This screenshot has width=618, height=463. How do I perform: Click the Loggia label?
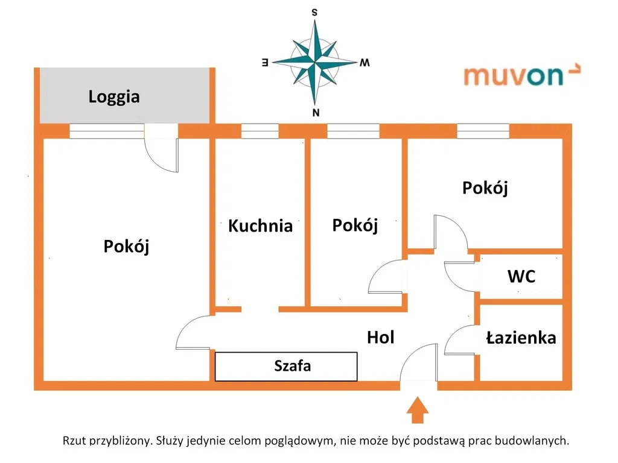tap(114, 96)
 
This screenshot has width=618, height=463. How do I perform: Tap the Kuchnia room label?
tap(260, 226)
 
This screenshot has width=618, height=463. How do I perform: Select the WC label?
tap(521, 277)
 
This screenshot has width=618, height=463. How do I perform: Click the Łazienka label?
tap(521, 338)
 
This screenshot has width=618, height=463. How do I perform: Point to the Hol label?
tap(380, 338)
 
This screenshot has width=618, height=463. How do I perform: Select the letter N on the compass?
tap(315, 113)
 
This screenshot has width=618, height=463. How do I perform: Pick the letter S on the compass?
tap(314, 12)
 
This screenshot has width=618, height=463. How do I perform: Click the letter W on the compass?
tap(364, 62)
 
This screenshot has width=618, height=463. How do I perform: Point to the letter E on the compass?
tap(264, 61)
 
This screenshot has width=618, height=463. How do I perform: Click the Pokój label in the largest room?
tap(126, 246)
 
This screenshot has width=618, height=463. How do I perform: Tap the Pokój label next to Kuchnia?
tap(355, 225)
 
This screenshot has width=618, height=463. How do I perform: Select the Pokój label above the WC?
tap(485, 187)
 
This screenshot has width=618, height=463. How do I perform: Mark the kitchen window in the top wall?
tap(260, 131)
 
